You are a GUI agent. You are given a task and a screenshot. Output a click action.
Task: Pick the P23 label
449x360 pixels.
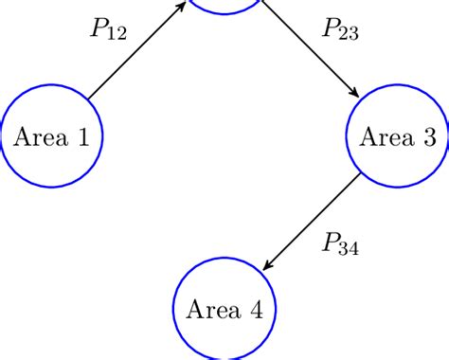pyautogui.click(x=339, y=31)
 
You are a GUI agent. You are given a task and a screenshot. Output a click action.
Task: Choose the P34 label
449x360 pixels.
pyautogui.click(x=339, y=248)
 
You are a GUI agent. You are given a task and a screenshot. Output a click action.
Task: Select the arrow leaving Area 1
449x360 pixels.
pyautogui.click(x=133, y=53)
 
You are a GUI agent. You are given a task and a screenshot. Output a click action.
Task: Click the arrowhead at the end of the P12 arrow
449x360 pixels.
pyautogui.click(x=180, y=8)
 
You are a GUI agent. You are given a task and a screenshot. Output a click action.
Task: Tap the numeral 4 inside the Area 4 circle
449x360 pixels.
pyautogui.click(x=256, y=310)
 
